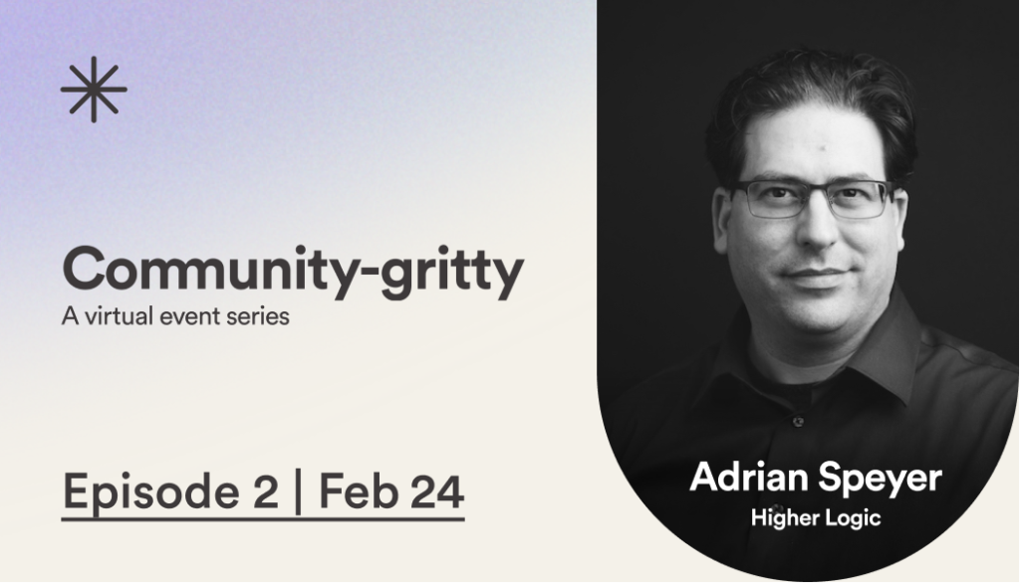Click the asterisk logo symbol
coord(94,90)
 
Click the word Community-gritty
coord(293,272)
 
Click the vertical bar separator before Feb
coord(299,492)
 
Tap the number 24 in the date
coord(437,491)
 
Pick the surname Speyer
coord(880,480)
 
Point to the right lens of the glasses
coord(858,200)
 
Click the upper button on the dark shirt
coord(798,421)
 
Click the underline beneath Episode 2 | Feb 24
coord(263,519)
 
